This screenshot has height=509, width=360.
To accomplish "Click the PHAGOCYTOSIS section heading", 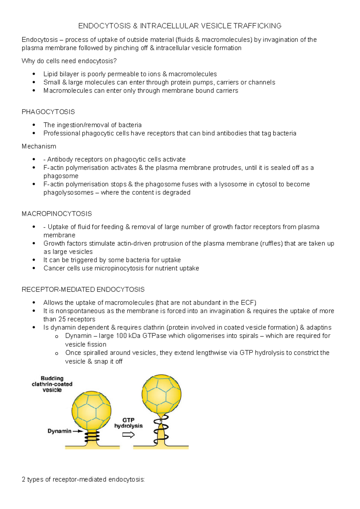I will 48,112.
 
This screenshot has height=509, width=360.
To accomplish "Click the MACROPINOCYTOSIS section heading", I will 57,214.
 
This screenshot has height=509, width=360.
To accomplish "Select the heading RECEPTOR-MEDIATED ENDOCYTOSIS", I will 83,289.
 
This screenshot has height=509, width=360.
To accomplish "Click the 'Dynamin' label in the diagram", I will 59,431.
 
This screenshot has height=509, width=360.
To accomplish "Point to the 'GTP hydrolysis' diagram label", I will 128,423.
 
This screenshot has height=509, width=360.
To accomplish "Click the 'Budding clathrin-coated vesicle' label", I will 52,384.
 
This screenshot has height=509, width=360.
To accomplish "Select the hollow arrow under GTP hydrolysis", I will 128,435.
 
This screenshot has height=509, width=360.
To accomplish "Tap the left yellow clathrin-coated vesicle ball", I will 91,410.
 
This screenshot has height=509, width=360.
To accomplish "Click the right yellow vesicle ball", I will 161,394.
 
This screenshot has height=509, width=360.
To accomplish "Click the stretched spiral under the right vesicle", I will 161,429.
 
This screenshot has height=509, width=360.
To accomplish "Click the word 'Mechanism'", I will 39,146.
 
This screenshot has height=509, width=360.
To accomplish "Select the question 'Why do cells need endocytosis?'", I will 69,61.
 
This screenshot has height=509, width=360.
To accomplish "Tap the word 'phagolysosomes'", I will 68,192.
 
